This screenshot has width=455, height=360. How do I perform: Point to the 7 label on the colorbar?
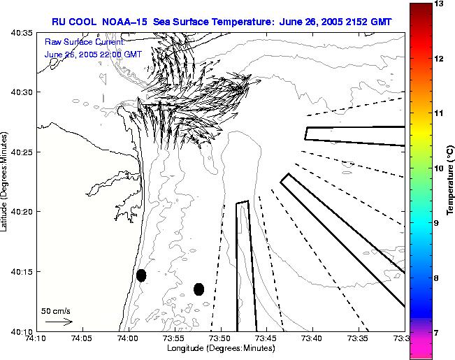436,333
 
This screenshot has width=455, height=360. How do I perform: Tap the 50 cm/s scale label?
56,311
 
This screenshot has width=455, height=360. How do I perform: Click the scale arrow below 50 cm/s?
59,322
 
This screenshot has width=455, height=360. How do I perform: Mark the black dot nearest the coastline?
141,275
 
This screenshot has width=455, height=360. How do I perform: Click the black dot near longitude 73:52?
199,289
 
